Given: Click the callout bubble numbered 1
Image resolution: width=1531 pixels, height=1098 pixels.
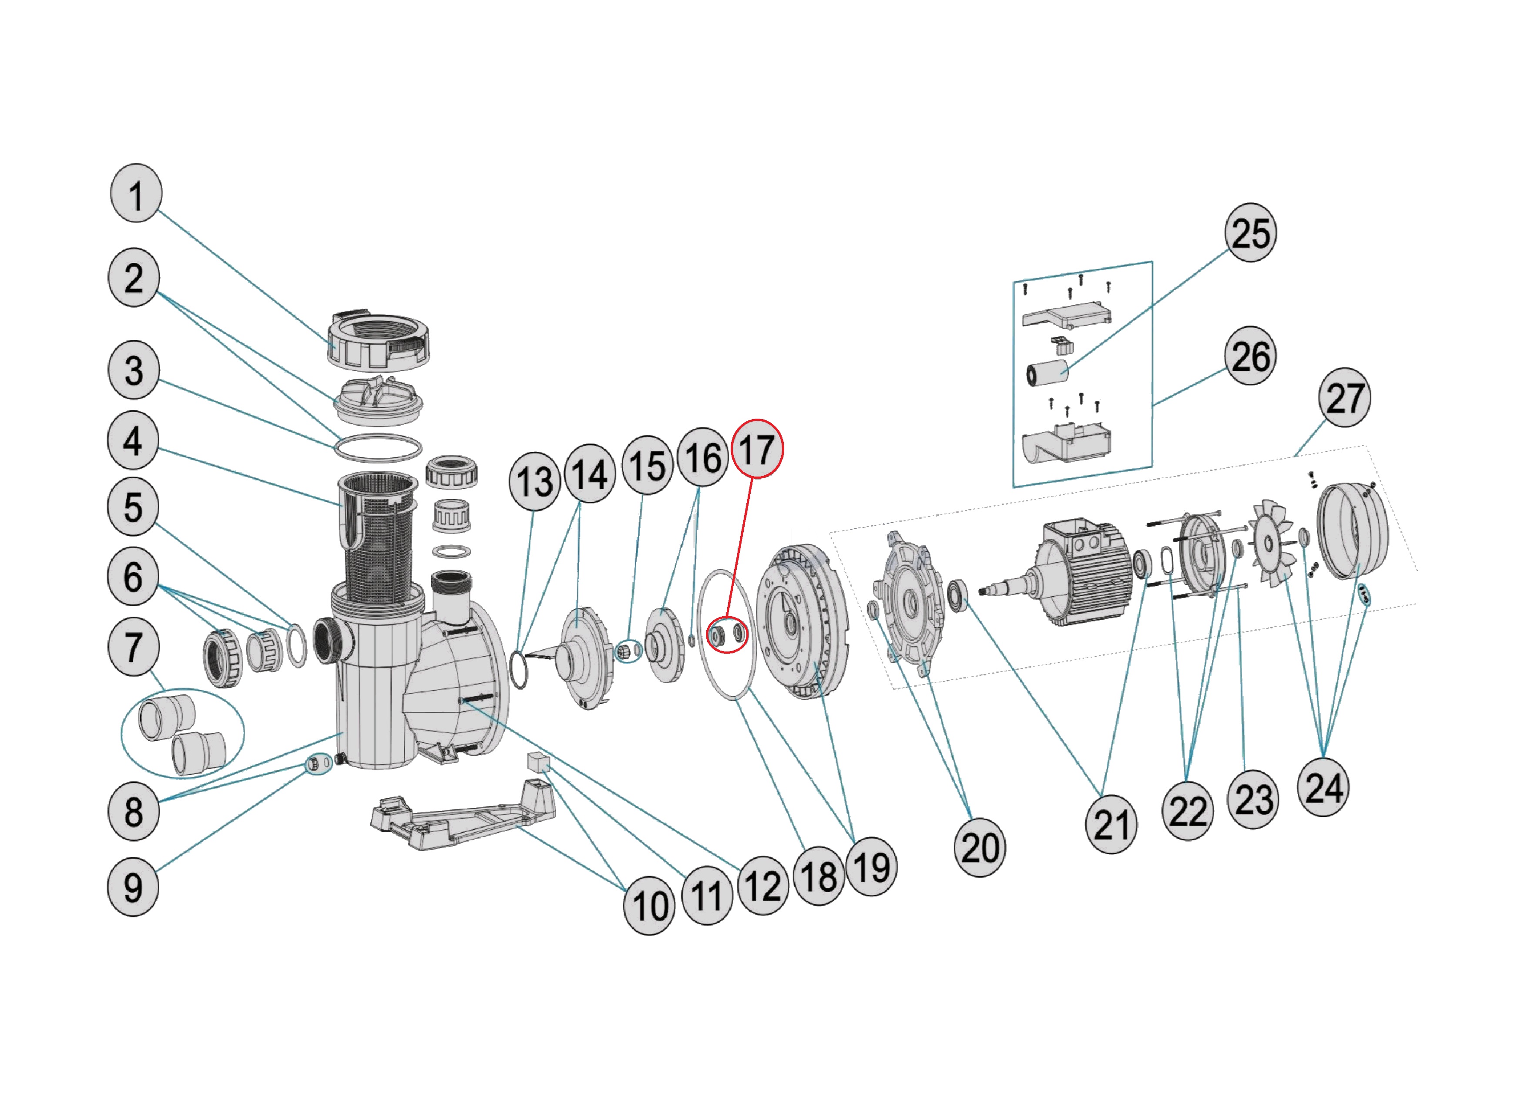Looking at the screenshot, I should tap(136, 194).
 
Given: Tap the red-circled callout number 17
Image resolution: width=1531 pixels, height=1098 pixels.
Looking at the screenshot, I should tap(757, 449).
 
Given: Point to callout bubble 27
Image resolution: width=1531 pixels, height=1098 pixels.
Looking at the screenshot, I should tap(1344, 397).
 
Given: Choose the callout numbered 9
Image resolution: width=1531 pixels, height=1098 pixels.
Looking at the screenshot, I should tap(133, 887).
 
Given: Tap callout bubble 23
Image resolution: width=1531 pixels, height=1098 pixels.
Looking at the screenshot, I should tap(1253, 800).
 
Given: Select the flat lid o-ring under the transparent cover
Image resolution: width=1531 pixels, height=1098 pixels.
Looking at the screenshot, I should tap(378, 448).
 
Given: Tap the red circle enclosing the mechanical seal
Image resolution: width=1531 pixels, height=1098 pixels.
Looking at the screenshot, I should tap(727, 635).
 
